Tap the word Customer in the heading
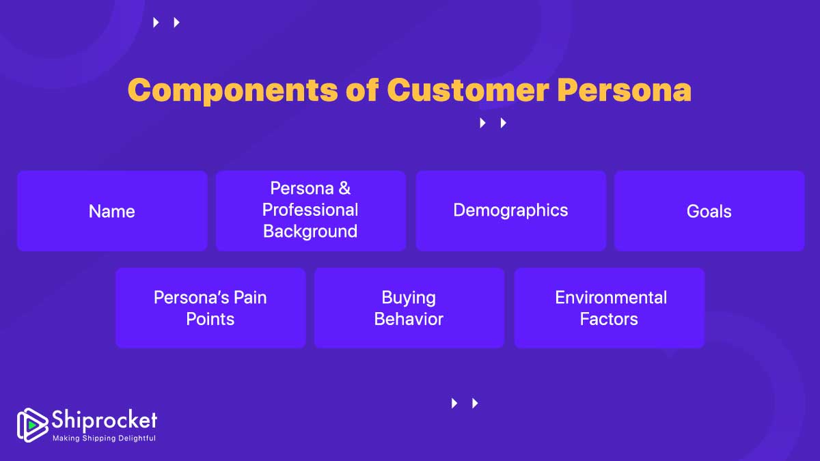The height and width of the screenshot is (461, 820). (x=467, y=90)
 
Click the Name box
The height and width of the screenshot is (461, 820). (x=112, y=211)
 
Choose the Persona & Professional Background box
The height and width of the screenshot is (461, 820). (x=310, y=210)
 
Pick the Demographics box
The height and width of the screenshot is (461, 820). (x=510, y=210)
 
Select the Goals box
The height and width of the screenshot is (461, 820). (x=709, y=211)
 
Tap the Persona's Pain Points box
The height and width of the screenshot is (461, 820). (x=210, y=308)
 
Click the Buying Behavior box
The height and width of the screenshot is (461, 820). (x=409, y=308)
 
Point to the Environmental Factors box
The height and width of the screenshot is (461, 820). (x=609, y=308)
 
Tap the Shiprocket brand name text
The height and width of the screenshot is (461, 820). (x=105, y=419)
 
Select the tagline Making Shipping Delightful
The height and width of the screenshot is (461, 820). (x=104, y=438)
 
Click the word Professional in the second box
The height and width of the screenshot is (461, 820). (x=310, y=210)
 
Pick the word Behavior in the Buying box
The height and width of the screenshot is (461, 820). (x=409, y=319)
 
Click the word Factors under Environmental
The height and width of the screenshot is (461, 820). (x=609, y=319)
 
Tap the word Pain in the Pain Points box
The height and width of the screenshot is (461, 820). (x=251, y=298)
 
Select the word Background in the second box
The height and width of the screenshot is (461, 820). (x=310, y=232)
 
